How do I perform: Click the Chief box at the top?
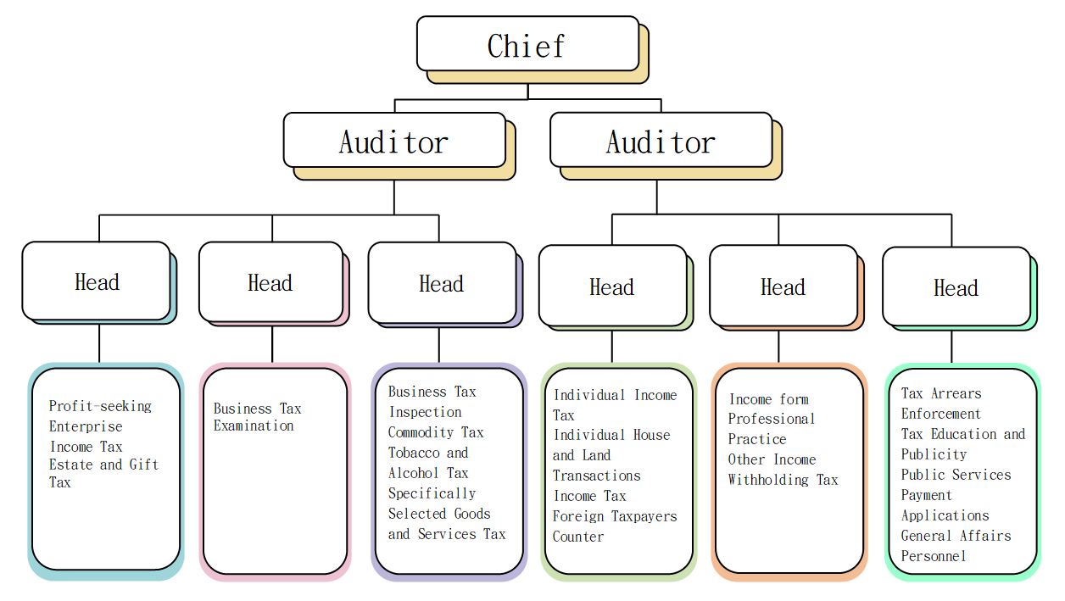(x=527, y=44)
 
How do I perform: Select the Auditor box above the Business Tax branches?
(x=394, y=141)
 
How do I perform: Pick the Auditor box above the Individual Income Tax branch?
(x=661, y=141)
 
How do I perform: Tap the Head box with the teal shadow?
(x=97, y=281)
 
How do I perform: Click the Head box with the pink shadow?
(x=270, y=282)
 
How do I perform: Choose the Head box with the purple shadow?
(x=442, y=283)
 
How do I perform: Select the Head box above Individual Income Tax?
(x=612, y=287)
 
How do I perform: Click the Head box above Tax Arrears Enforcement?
(x=956, y=287)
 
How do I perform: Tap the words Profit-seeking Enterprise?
(x=100, y=415)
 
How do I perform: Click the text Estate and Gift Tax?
(x=103, y=473)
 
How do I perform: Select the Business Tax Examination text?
(x=257, y=417)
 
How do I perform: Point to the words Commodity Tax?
(x=436, y=432)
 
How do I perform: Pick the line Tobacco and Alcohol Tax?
(x=428, y=463)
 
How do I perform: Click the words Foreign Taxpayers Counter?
(x=615, y=526)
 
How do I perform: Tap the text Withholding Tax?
(x=783, y=480)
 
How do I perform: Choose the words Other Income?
(x=772, y=459)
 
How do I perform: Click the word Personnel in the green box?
(x=934, y=556)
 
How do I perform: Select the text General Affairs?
(x=956, y=536)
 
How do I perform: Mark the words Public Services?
(x=956, y=475)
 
